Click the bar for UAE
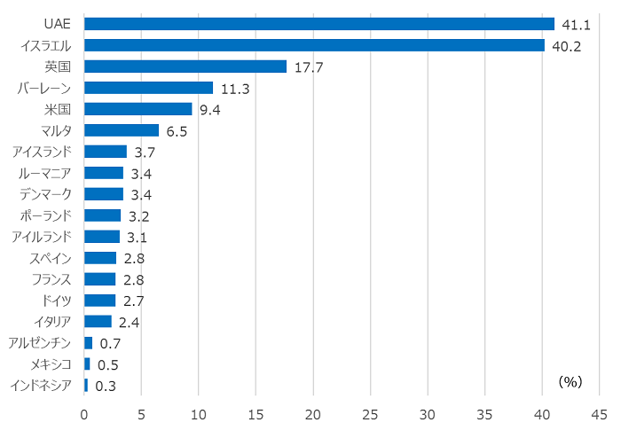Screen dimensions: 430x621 point(319,24)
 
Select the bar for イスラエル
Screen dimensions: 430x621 point(314,45)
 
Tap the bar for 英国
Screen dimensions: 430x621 point(185,66)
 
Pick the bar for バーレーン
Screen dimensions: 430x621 point(149,88)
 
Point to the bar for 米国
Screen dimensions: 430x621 point(138,109)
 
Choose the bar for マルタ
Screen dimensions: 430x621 point(122,130)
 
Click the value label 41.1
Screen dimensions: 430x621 point(577,24)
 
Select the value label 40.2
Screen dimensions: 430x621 point(566,46)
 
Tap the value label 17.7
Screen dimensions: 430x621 point(309,67)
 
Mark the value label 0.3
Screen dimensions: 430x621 point(106,386)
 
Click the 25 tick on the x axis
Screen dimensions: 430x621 point(371,414)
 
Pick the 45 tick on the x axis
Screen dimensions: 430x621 point(600,414)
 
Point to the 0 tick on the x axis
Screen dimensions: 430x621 point(84,414)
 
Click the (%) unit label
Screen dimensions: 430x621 point(570,381)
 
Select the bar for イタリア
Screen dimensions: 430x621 point(98,321)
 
